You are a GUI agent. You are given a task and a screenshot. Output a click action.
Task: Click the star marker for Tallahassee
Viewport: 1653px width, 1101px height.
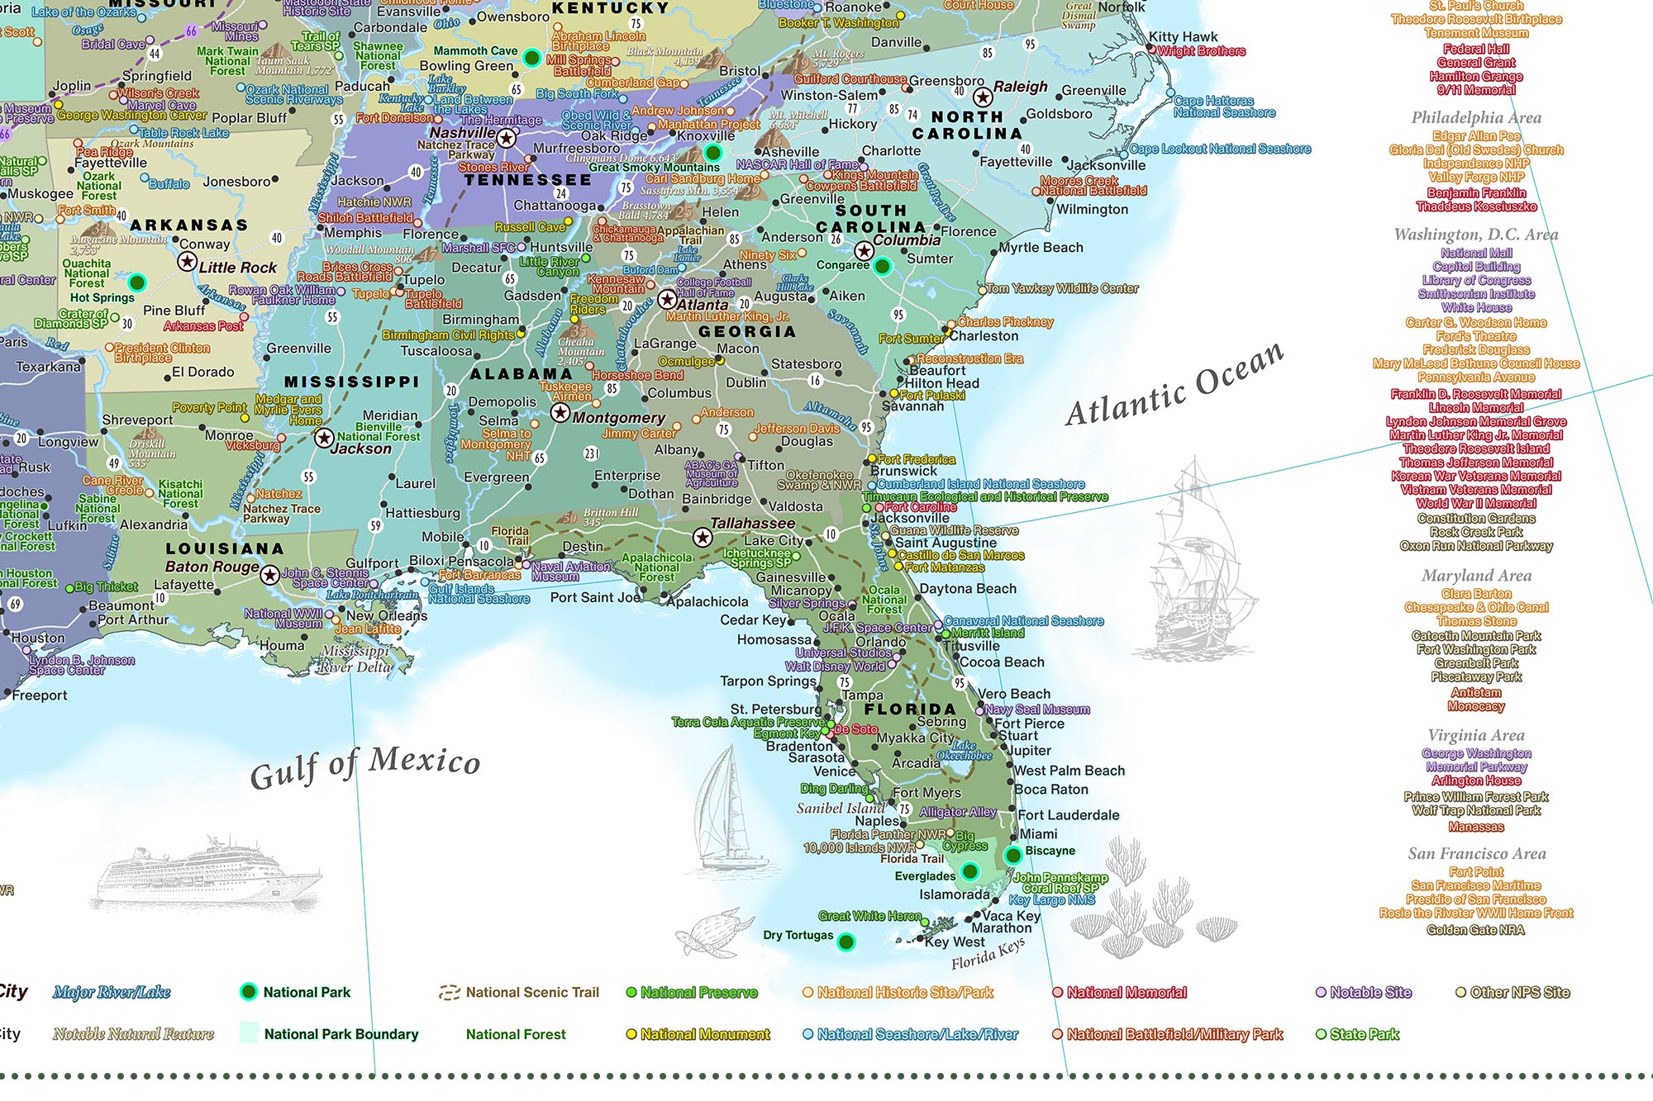coord(703,538)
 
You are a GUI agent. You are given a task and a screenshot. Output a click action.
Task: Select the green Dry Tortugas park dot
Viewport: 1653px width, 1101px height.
coord(846,942)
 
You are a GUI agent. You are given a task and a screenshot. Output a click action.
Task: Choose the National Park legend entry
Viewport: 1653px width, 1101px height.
coord(306,992)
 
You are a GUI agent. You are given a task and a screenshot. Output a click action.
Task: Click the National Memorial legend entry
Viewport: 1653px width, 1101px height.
coord(1126,992)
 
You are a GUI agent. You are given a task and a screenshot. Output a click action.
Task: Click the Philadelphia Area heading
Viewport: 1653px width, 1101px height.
coord(1476,117)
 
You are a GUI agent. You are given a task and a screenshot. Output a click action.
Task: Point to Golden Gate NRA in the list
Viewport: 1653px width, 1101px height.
coord(1475,930)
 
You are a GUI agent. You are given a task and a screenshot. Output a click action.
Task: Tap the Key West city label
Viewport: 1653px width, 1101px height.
coord(955,942)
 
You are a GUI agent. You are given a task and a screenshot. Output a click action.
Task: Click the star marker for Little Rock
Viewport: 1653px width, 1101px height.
coord(187,262)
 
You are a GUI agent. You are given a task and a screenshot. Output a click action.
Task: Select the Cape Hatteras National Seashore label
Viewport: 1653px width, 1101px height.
coord(1224,107)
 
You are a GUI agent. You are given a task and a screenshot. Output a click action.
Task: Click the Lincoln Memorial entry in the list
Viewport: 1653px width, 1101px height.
coord(1476,407)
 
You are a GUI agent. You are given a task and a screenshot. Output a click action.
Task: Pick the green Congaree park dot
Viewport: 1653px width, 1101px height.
coord(882,266)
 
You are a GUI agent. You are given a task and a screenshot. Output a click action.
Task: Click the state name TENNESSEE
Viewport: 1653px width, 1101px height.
coord(527,180)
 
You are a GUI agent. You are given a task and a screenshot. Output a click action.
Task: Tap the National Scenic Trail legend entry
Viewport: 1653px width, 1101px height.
coord(531,992)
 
